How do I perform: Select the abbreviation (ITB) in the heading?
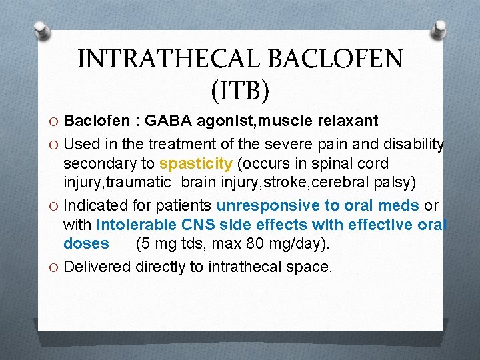coord(240,91)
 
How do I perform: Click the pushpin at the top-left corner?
coord(41,30)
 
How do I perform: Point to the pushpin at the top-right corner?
coord(439,27)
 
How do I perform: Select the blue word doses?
coord(86,243)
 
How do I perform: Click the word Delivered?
coord(97,267)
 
